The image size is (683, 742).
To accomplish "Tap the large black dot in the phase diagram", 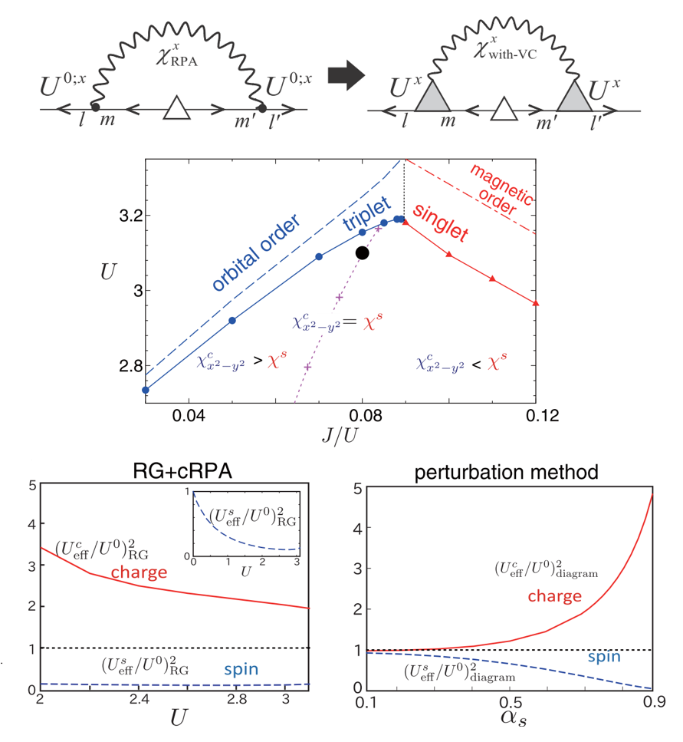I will (362, 252).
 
